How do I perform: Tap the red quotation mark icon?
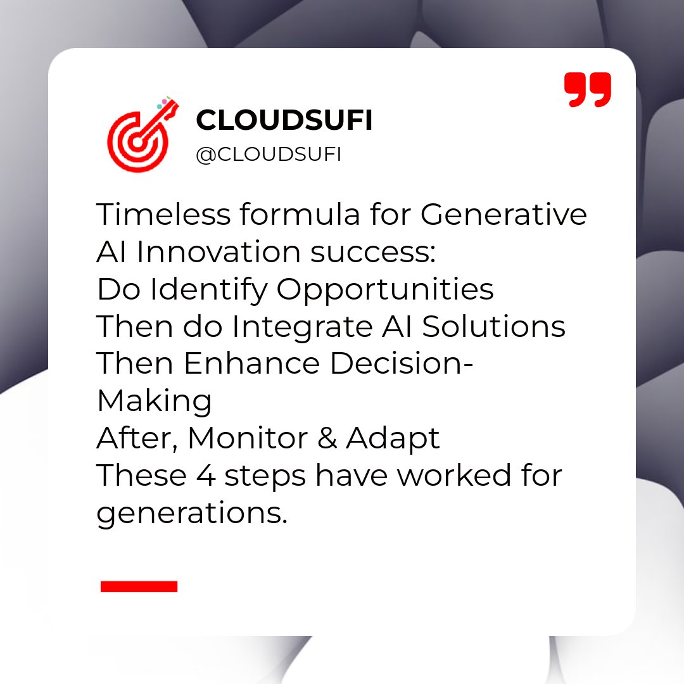(588, 89)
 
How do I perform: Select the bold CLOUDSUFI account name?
(284, 120)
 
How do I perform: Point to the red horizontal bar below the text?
(139, 586)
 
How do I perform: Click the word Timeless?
(163, 215)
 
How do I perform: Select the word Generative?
(503, 215)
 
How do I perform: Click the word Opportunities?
(385, 290)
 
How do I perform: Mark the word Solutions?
(493, 327)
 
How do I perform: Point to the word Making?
(154, 402)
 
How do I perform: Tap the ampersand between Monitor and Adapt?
(327, 438)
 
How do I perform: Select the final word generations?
(192, 514)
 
